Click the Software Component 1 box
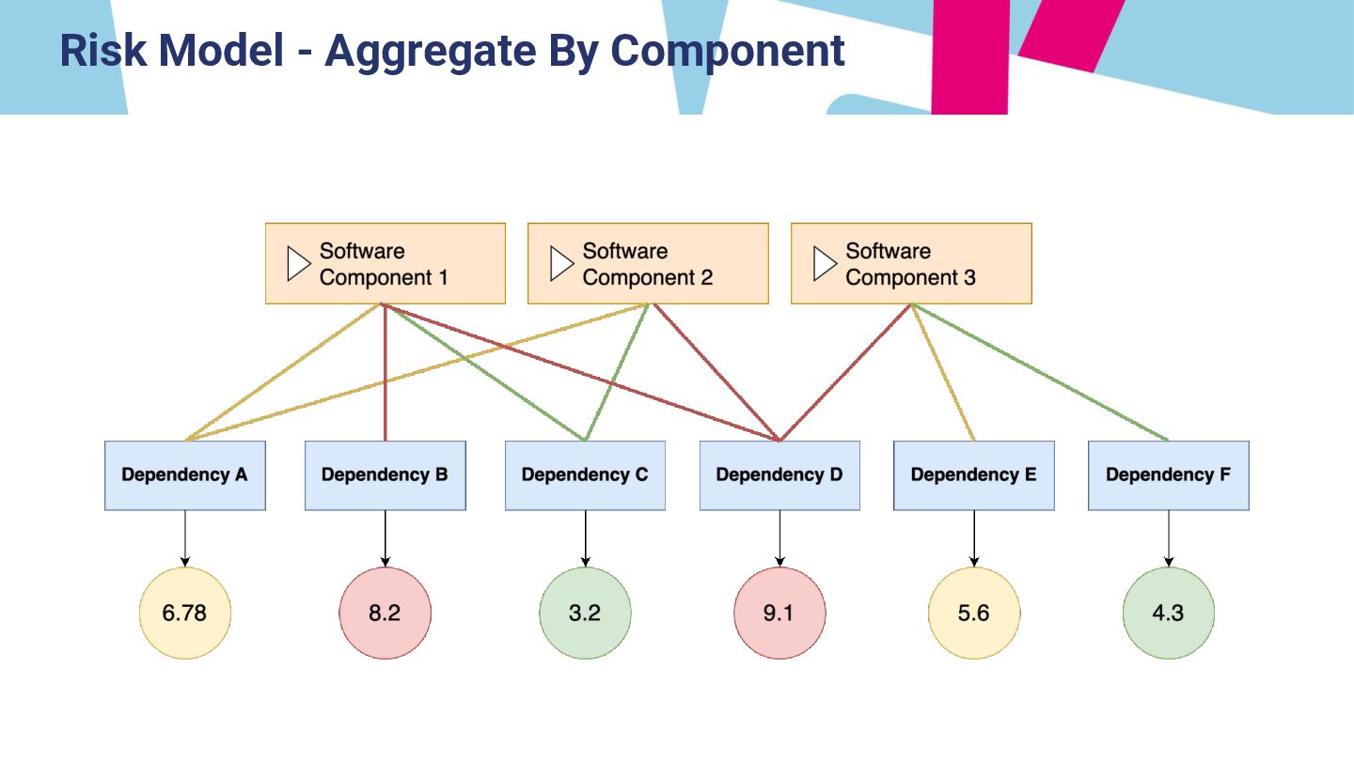pos(386,264)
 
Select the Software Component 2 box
pos(648,264)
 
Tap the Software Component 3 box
pos(911,264)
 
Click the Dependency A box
pos(185,475)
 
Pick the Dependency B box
pos(386,475)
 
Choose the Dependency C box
pos(585,475)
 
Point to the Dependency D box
pos(779,475)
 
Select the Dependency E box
pos(974,475)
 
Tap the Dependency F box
pos(1169,475)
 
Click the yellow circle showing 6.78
pos(185,613)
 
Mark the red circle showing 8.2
pos(386,613)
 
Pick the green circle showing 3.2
pos(585,613)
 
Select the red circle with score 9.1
pos(779,613)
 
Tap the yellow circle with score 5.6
pos(974,613)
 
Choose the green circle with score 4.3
pos(1169,613)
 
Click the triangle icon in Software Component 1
pos(298,264)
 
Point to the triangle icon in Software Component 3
pos(824,264)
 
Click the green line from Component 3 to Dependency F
pos(1040,372)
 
